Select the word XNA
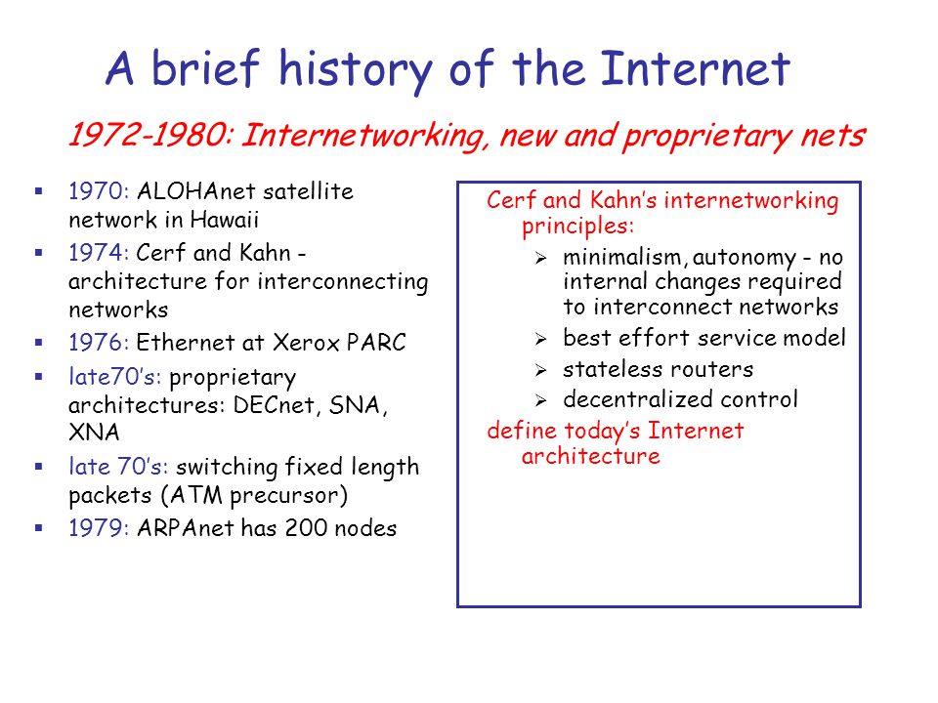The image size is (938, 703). tap(91, 433)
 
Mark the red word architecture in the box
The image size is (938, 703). tap(590, 456)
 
